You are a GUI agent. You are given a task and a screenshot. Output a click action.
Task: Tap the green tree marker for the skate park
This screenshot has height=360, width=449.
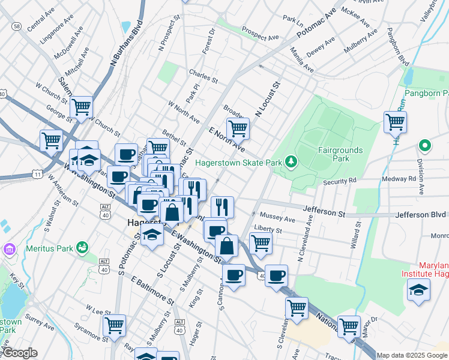click(291, 161)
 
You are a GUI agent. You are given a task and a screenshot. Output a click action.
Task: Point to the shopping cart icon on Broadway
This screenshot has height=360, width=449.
click(238, 128)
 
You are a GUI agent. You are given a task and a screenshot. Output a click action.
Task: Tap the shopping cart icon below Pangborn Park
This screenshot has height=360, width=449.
click(395, 122)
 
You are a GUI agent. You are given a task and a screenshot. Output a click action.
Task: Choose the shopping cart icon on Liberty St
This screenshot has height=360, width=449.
click(260, 243)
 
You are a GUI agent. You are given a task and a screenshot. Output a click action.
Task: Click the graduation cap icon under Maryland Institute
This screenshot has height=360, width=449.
click(418, 291)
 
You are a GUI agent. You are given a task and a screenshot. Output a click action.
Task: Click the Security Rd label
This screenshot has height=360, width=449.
click(340, 180)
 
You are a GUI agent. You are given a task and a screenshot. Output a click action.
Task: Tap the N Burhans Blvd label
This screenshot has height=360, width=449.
click(124, 50)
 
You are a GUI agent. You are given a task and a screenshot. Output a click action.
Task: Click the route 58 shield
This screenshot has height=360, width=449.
click(16, 26)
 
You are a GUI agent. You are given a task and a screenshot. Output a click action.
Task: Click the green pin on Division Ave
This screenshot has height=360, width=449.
click(424, 145)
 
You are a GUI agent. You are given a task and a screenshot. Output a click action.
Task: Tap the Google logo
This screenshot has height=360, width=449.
click(20, 353)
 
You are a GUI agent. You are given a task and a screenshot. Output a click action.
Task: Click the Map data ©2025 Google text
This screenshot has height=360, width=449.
click(412, 355)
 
